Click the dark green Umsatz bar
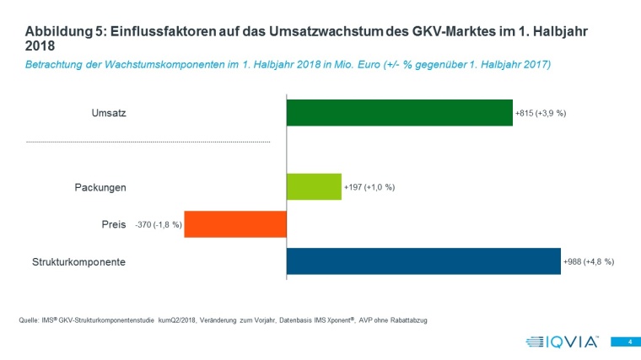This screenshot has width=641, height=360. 400,113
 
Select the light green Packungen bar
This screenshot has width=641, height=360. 314,186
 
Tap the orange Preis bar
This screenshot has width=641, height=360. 235,224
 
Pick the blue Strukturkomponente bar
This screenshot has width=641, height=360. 423,261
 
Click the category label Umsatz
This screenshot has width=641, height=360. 109,113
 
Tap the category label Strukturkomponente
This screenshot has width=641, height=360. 73,262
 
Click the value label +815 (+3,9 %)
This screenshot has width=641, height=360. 541,113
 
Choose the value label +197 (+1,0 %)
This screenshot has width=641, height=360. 369,187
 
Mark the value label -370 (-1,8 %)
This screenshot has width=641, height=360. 158,225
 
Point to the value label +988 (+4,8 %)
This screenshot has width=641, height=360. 589,262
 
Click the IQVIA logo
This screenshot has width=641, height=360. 562,341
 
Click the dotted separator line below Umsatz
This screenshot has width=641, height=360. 148,142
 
